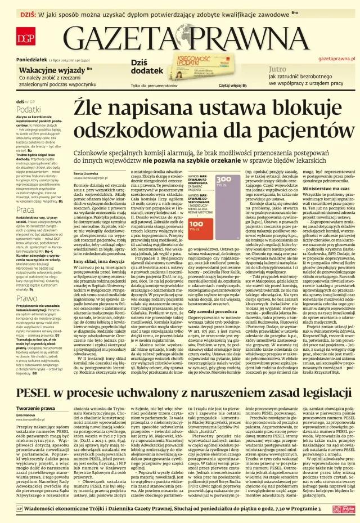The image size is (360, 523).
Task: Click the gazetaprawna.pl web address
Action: point(336,58)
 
